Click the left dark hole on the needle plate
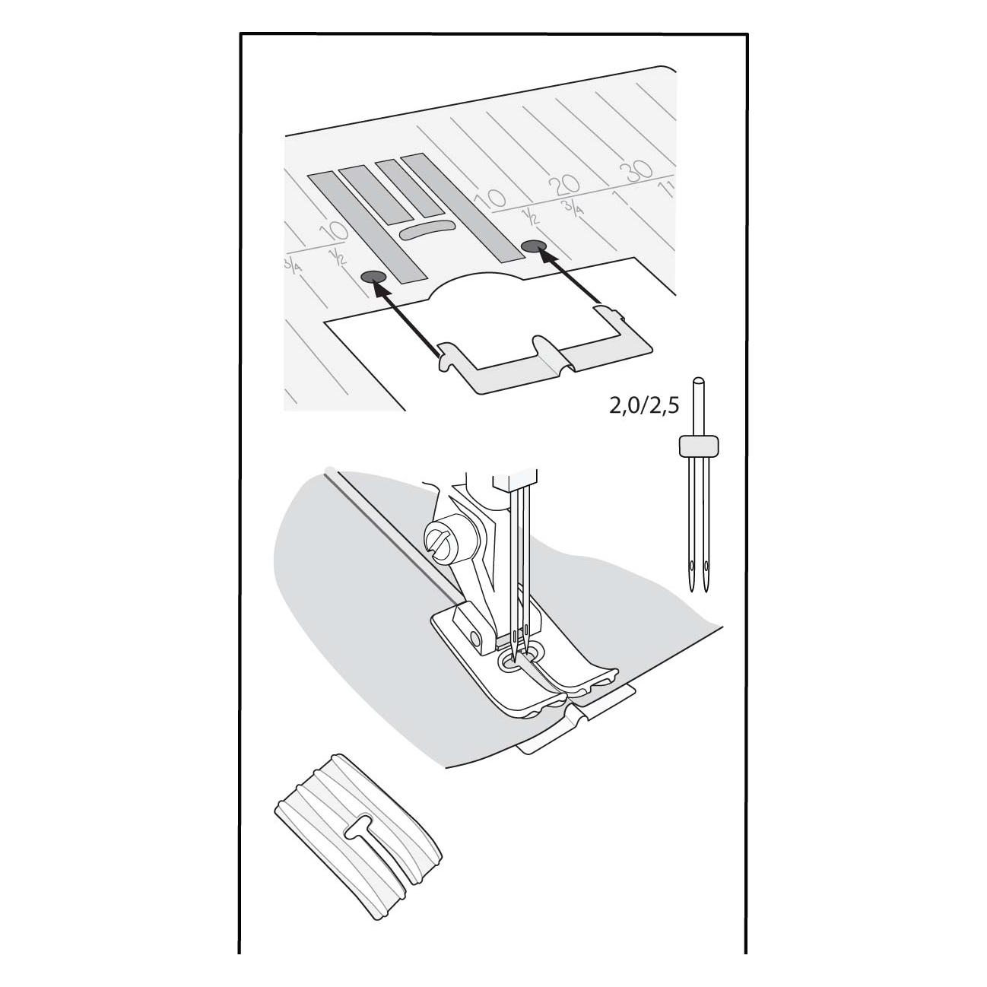(373, 277)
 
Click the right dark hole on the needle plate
(534, 246)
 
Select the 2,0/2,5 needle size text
(644, 407)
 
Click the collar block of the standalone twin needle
(699, 445)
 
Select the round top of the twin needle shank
(699, 382)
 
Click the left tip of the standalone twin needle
(693, 591)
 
